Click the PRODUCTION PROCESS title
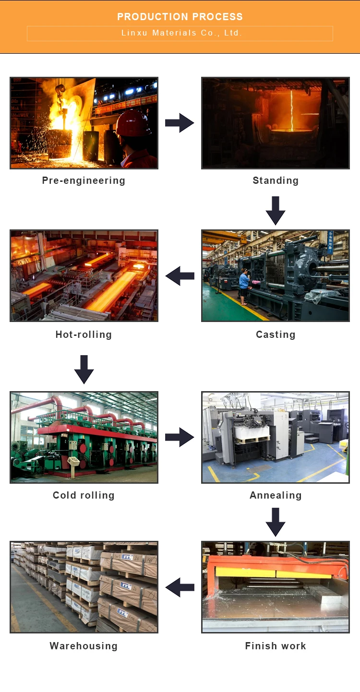click(180, 17)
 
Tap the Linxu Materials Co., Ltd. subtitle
click(180, 33)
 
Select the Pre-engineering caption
click(84, 180)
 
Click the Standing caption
click(276, 180)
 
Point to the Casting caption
click(276, 334)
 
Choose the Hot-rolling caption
click(84, 334)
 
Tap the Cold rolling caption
click(84, 495)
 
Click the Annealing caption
click(276, 495)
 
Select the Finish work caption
click(276, 646)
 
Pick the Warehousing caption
click(84, 646)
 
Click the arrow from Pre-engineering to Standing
click(180, 123)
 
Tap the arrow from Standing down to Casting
click(276, 210)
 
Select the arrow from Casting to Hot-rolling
click(180, 276)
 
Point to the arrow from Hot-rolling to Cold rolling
click(84, 369)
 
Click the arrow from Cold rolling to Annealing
click(180, 437)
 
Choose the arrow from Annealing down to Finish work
click(276, 522)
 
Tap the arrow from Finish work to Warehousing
click(180, 587)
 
